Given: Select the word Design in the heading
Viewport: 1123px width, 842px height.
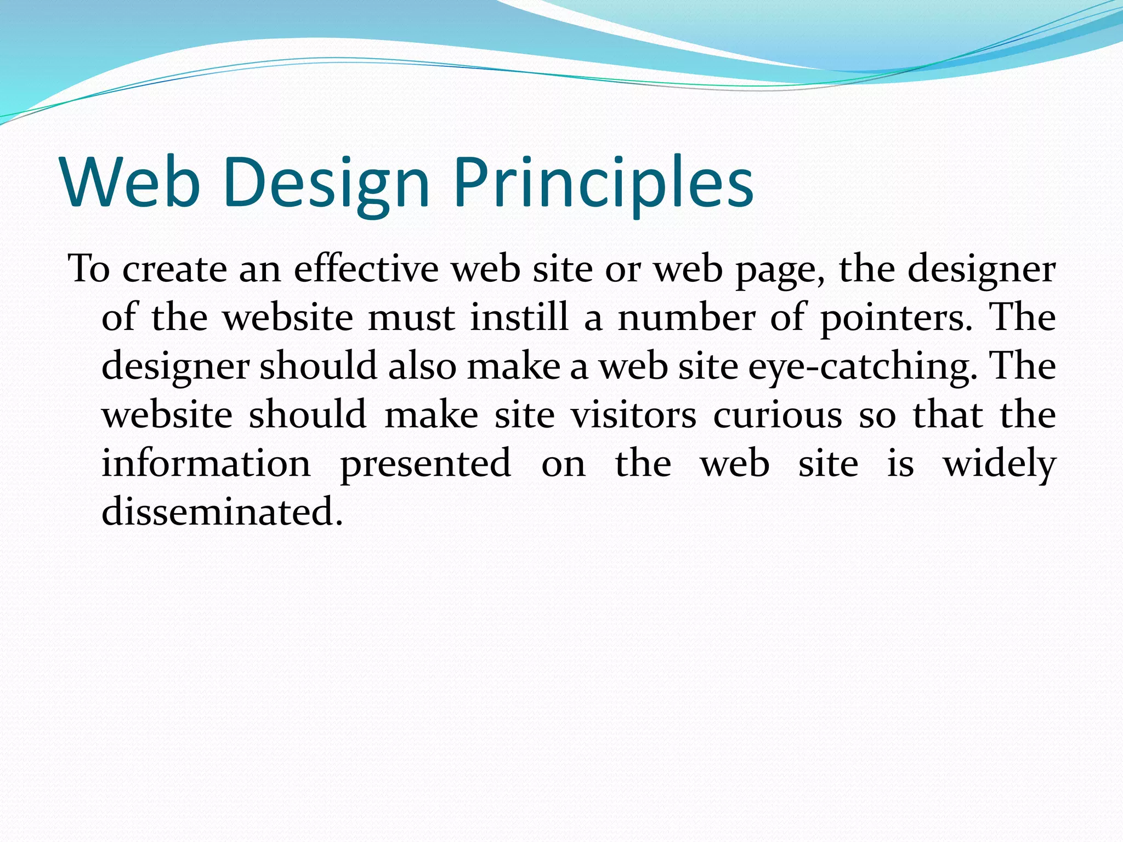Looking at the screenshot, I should click(326, 184).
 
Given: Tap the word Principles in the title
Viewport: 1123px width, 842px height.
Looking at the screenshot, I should click(603, 184).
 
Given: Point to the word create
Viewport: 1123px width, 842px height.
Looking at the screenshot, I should click(174, 270).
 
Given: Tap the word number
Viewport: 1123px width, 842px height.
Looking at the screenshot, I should click(686, 317).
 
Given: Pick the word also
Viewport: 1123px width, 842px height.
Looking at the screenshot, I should click(422, 366).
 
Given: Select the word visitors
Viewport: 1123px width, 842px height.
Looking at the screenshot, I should click(633, 414).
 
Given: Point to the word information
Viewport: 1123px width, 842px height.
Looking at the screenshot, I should click(206, 463).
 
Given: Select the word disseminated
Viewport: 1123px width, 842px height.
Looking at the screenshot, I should click(222, 511).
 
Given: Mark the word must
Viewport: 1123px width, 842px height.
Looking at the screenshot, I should click(411, 318).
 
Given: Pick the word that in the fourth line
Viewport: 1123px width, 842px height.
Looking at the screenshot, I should click(948, 414).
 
